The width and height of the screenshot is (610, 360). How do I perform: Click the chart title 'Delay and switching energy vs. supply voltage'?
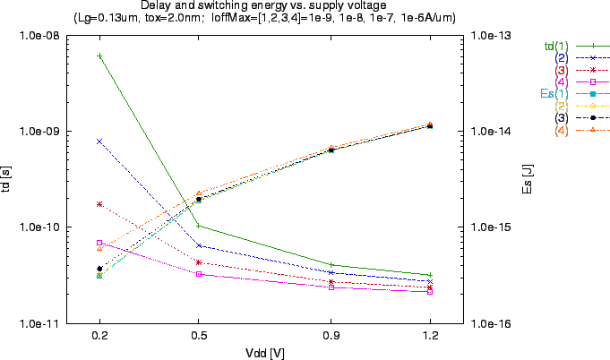click(x=263, y=5)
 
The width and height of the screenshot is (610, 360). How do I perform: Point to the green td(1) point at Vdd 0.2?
click(x=99, y=56)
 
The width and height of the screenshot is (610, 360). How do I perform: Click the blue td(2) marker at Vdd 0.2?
click(x=99, y=141)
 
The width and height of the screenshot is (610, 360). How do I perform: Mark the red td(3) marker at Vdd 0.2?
click(x=99, y=204)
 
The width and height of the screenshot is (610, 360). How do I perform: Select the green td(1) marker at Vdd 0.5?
click(x=199, y=226)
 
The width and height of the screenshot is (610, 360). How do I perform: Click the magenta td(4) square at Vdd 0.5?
click(x=199, y=274)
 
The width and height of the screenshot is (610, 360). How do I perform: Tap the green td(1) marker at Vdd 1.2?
click(x=430, y=275)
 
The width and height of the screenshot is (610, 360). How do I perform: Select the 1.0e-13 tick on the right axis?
click(x=492, y=36)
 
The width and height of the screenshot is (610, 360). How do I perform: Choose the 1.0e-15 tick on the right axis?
click(x=492, y=227)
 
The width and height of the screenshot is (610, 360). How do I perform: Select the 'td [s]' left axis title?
click(x=7, y=179)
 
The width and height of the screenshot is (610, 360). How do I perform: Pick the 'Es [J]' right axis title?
click(x=526, y=179)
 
